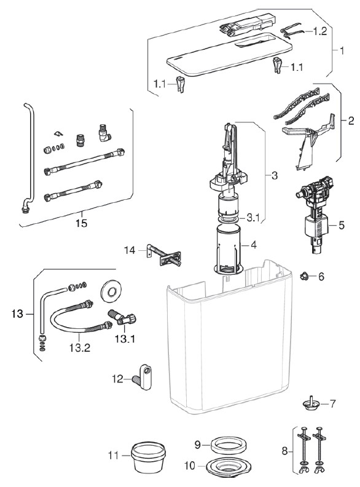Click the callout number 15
click(x=81, y=223)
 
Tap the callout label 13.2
click(x=80, y=347)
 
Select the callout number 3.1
click(x=253, y=218)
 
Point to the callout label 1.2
click(x=319, y=31)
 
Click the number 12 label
click(x=118, y=379)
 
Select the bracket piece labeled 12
click(x=143, y=377)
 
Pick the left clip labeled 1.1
click(x=181, y=84)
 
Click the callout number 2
click(x=351, y=121)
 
